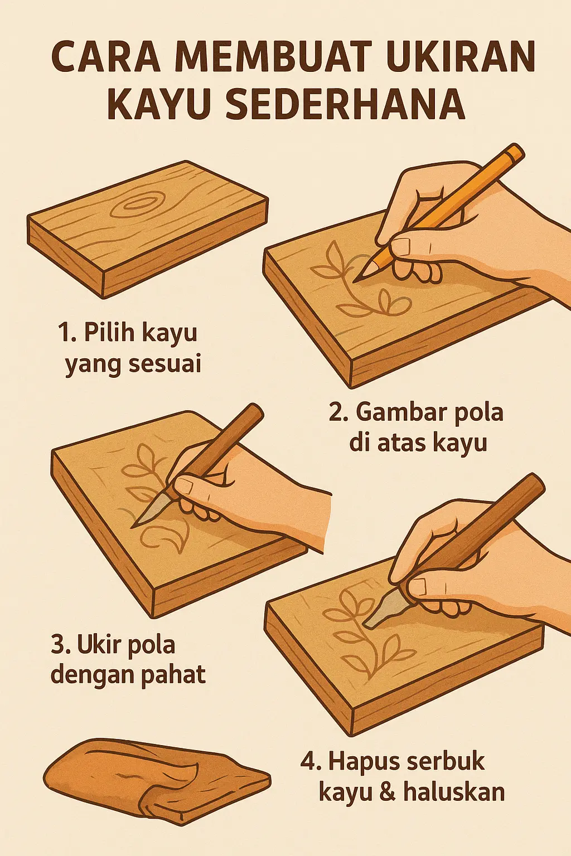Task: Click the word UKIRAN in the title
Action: point(460,57)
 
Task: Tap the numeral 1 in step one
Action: point(63,333)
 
